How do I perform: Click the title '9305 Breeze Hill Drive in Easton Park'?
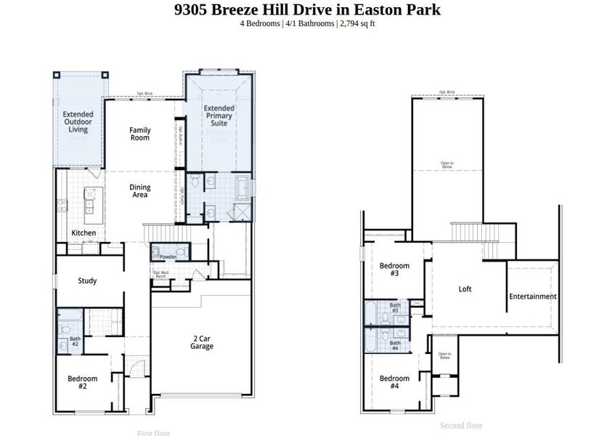[307, 9]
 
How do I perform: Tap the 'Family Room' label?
[140, 134]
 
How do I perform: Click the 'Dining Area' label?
[140, 191]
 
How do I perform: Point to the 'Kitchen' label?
[84, 233]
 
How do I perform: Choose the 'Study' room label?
[87, 280]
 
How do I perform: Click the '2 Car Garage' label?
[202, 342]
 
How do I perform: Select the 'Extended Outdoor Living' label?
[78, 121]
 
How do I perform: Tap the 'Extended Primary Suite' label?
[219, 116]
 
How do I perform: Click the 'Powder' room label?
[168, 257]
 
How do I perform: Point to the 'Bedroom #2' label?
[82, 382]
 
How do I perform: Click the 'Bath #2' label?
[75, 341]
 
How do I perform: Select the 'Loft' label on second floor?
[465, 288]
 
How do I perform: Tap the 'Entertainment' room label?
[532, 296]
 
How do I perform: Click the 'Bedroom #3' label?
[394, 270]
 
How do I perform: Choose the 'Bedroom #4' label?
[394, 382]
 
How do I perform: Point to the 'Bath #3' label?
[395, 308]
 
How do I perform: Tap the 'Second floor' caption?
[461, 425]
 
